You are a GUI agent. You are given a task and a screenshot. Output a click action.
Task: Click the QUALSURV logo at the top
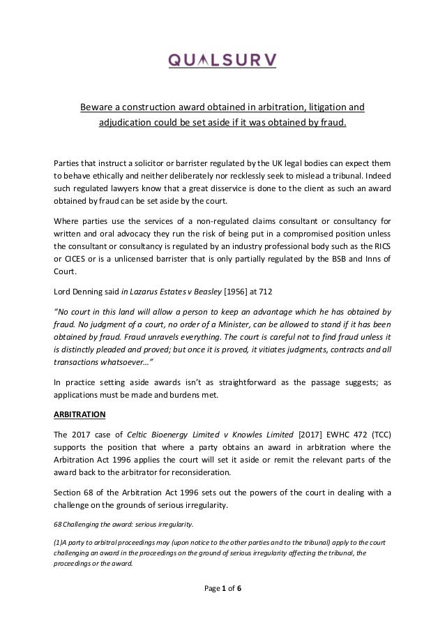[222, 61]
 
